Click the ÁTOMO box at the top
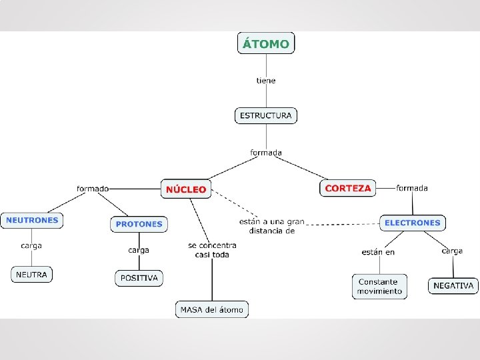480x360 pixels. tap(265, 44)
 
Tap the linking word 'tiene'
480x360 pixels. tap(266, 81)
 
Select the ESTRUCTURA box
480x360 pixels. tap(265, 115)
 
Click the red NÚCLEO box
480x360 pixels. tap(186, 189)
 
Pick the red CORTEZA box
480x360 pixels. tap(347, 189)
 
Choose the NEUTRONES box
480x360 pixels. tap(32, 220)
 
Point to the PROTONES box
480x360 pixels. tap(139, 224)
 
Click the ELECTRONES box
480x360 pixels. tap(413, 223)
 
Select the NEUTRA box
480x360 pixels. tap(31, 274)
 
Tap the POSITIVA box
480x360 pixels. tap(139, 278)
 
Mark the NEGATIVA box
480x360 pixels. tap(453, 286)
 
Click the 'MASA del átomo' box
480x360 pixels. tap(212, 309)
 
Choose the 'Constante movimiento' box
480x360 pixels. tap(379, 287)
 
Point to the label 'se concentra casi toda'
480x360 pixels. tap(212, 250)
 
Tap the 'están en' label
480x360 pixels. tap(378, 252)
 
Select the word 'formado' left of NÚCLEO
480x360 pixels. tap(93, 189)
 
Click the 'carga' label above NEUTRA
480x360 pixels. tap(31, 245)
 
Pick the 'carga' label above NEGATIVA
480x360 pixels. tap(452, 251)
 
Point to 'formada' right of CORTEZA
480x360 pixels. tap(412, 188)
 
